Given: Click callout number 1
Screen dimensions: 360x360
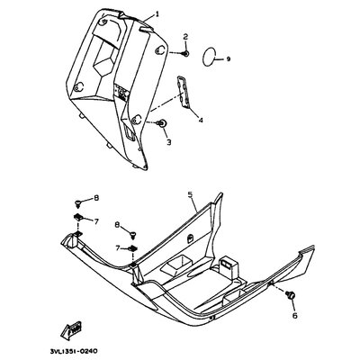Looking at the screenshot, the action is click(157, 13).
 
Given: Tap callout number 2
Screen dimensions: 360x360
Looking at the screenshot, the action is click(185, 37).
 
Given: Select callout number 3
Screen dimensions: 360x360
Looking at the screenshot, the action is click(168, 142).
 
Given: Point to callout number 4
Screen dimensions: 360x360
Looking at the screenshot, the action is click(201, 121).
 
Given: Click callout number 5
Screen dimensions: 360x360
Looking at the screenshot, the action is click(190, 194).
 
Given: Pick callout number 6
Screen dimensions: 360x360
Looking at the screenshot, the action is click(294, 315).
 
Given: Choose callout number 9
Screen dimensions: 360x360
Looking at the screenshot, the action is click(229, 59).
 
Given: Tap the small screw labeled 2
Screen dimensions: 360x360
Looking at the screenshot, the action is click(185, 54).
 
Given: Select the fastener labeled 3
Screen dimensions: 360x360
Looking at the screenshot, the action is click(163, 123).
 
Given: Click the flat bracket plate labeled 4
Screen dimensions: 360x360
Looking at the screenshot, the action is click(183, 92).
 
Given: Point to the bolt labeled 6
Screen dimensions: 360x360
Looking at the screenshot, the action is click(290, 294).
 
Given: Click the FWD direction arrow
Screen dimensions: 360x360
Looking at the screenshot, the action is click(73, 330).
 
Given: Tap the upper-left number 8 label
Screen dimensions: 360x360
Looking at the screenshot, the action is click(96, 198).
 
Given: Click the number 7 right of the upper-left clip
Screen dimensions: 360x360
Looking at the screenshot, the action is click(96, 221).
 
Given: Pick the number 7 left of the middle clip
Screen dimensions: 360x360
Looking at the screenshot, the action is click(118, 247).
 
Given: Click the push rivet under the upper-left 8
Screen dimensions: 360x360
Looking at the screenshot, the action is click(78, 204).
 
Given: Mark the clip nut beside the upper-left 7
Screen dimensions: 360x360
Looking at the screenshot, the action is click(78, 216).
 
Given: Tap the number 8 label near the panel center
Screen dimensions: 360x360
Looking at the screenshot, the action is click(118, 224).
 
